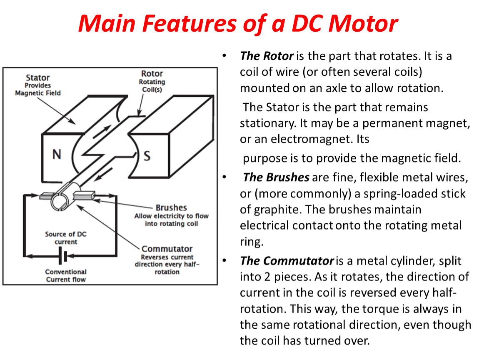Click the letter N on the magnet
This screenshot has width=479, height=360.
pos(57,154)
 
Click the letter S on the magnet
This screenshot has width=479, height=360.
pos(147,156)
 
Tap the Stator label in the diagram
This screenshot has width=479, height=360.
pos(38,77)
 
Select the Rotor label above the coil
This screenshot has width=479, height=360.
pos(152,74)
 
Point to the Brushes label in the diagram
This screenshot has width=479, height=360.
pos(171,207)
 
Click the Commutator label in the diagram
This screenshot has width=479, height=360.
pos(167,249)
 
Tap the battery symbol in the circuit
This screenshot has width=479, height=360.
pos(62,256)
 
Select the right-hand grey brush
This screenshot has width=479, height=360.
pos(84,195)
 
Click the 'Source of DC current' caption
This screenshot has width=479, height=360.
pos(66,238)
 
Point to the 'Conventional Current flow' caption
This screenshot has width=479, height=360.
pos(66,275)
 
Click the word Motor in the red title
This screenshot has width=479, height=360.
pos(363,23)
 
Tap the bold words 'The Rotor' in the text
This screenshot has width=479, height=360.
pos(267,56)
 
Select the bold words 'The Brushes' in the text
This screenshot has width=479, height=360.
pos(276,177)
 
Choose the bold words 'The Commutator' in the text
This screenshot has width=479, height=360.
pos(287,261)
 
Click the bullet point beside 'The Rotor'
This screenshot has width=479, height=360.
pos(225,55)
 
